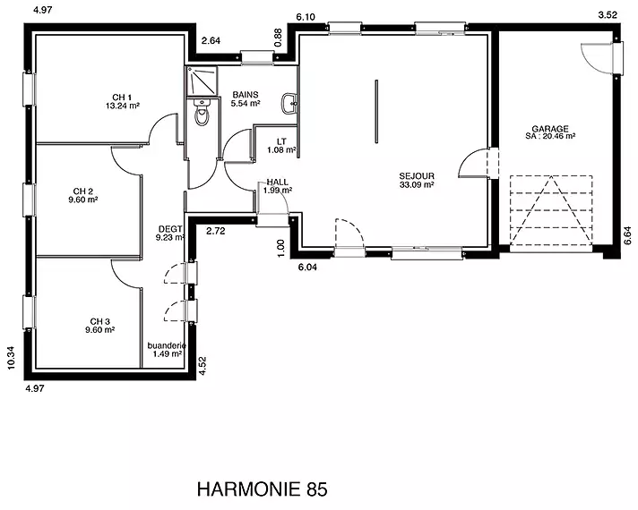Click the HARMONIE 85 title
point(262,489)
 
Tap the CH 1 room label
point(122,98)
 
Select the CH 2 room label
point(83,191)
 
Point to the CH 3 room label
point(100,322)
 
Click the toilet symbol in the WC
point(202,112)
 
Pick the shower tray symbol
point(203,80)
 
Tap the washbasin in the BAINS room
point(289,103)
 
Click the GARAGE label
point(550,129)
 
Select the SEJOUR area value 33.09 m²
point(417,184)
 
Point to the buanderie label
point(167,346)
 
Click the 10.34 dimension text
point(11,357)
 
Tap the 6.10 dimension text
point(306,17)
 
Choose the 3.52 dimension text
point(608,15)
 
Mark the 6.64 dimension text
point(628,235)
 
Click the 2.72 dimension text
point(216,231)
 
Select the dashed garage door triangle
point(551,210)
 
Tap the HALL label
point(278,182)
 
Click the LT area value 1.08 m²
point(281,150)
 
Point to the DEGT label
point(170,230)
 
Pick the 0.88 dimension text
point(279,38)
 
